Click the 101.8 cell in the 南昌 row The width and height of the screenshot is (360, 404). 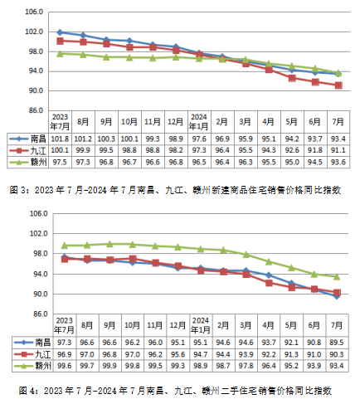point(60,139)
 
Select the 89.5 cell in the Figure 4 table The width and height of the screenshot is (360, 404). point(337,343)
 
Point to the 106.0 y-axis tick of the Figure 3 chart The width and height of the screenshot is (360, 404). point(34,12)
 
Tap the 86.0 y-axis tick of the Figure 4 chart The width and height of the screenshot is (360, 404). point(39,314)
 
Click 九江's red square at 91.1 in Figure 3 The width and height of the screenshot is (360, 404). point(338,85)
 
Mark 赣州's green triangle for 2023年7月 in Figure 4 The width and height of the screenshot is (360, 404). point(65,246)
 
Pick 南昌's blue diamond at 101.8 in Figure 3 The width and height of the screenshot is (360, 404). point(60,32)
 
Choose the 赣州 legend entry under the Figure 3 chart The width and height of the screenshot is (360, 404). point(27,162)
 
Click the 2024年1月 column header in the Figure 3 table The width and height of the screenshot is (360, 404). point(199,122)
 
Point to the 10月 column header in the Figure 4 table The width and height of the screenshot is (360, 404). point(132,325)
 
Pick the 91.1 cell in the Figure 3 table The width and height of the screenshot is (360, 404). point(338,150)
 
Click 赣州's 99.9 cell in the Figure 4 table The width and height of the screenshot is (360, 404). point(109,366)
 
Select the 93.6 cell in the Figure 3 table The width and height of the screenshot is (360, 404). point(338,162)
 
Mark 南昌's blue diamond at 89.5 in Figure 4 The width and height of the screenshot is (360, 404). point(337,296)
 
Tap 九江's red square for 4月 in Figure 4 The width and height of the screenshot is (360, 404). point(269,283)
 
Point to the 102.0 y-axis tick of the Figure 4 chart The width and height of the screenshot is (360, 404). point(39,234)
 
